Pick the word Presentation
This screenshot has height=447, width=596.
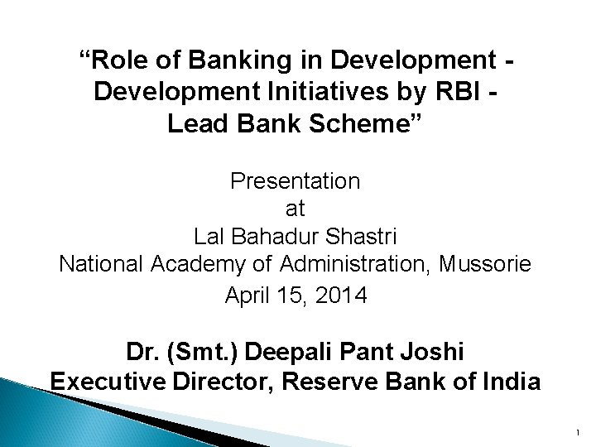tap(296, 180)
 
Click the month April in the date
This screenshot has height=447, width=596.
tap(248, 295)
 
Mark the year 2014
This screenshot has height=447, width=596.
tap(339, 295)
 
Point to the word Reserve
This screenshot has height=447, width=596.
tap(356, 382)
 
